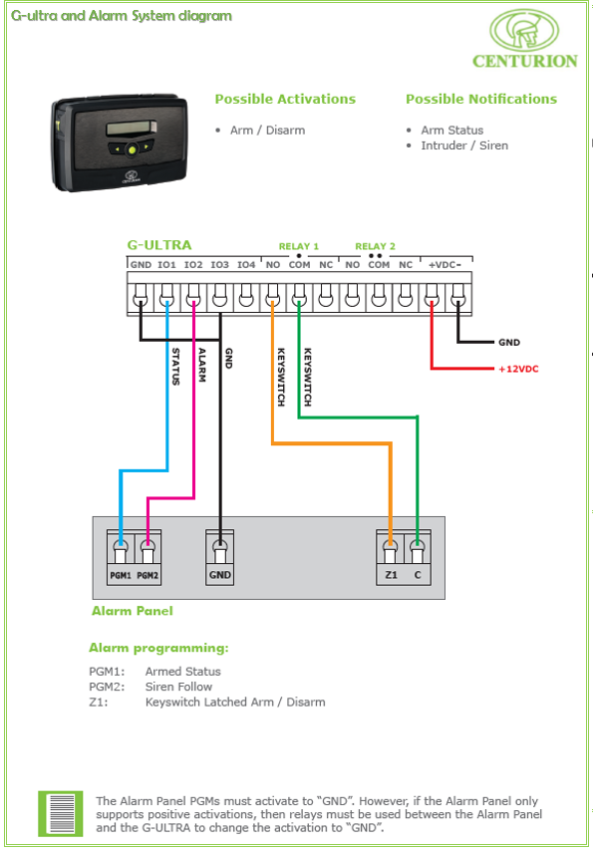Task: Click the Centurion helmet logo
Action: coord(524,31)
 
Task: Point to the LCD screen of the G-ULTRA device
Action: coord(132,128)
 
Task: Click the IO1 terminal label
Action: coord(167,265)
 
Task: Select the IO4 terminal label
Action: coord(246,265)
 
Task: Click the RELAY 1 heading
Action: coord(299,246)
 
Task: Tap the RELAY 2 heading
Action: coord(376,246)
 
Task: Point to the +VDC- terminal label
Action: coord(445,265)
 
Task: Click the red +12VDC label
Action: coord(518,369)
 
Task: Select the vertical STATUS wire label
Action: coord(175,367)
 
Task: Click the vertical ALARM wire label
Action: coord(202,365)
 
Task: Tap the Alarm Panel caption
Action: coord(133,611)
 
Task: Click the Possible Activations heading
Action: coord(285,99)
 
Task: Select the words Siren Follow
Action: coord(178,687)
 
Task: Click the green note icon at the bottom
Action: coord(61,813)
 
